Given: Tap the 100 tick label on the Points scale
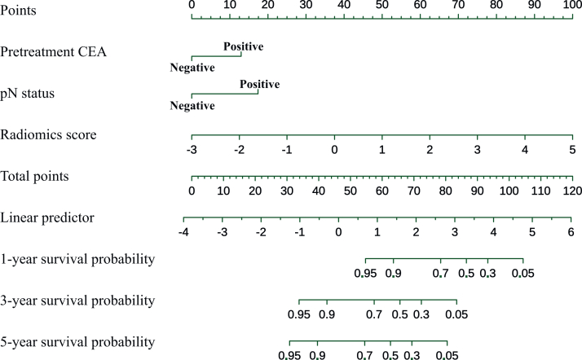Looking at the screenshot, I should point(572,5).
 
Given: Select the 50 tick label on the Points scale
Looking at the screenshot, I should point(381,5).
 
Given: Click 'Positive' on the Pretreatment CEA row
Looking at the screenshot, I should point(243,47).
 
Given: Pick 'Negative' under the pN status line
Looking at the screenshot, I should point(192,106).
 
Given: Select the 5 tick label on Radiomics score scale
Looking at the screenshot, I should point(572,150).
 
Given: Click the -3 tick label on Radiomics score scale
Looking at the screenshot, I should point(191,150).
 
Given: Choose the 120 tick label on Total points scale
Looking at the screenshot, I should point(572,191).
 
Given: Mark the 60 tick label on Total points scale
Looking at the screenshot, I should point(381,191).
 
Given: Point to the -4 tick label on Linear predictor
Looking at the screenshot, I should point(183,232).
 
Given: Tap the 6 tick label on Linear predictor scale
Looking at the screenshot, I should point(571,232).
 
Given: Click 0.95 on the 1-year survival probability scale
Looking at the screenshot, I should point(365,273).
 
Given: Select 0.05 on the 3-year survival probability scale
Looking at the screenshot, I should point(456,314).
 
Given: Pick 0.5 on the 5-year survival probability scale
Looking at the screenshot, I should point(390,355).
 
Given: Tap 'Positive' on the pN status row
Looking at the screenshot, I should point(259,85).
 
